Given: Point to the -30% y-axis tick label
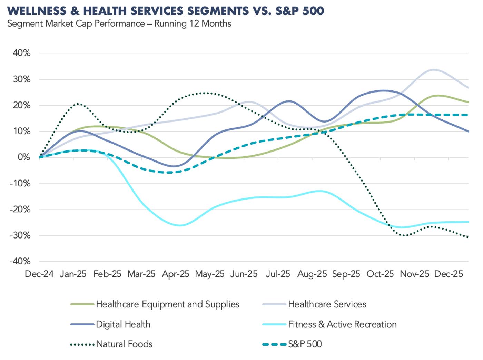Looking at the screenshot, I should (21, 236).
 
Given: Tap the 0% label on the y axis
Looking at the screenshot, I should (24, 157).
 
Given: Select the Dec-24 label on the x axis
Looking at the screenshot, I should (39, 274).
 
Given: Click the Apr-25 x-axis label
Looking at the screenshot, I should (176, 274).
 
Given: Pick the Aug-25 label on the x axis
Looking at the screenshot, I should (312, 274).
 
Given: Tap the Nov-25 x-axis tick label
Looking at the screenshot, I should (414, 274).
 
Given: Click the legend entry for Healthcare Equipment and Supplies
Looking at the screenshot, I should (167, 304).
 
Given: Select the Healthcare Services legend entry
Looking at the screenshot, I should (327, 304).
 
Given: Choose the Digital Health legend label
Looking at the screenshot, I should (123, 324).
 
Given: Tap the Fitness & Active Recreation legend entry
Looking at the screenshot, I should (342, 324).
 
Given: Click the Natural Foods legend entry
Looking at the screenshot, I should (124, 344).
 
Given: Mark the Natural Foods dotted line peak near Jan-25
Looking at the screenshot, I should (79, 104).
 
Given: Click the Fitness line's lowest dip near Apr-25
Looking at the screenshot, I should (180, 225).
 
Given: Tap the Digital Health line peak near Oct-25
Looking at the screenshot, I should (384, 91).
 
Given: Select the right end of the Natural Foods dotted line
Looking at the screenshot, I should (468, 237).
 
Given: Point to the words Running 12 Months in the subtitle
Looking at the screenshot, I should (193, 24).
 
